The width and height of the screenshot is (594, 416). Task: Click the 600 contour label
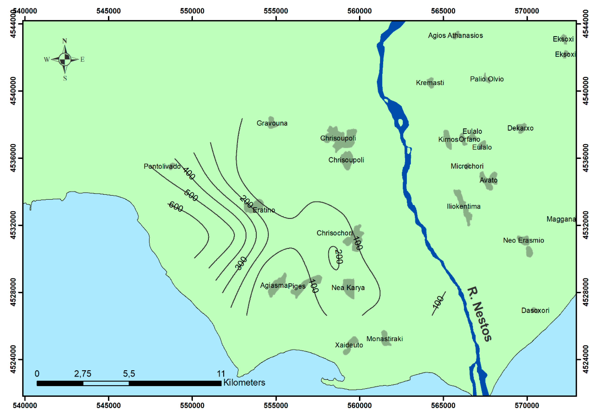[176, 207]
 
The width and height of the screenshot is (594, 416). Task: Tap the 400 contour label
[189, 173]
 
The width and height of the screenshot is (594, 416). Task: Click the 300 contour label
[241, 264]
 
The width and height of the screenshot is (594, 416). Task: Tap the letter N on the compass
[65, 41]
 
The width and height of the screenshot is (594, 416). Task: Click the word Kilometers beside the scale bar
[244, 383]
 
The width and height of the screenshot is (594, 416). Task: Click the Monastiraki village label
[384, 339]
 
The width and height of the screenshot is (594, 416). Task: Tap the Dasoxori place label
[535, 310]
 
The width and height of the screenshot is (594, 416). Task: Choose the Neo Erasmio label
[523, 240]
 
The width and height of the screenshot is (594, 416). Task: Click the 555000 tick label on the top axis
[276, 11]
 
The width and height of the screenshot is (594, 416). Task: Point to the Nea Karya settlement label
[348, 287]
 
